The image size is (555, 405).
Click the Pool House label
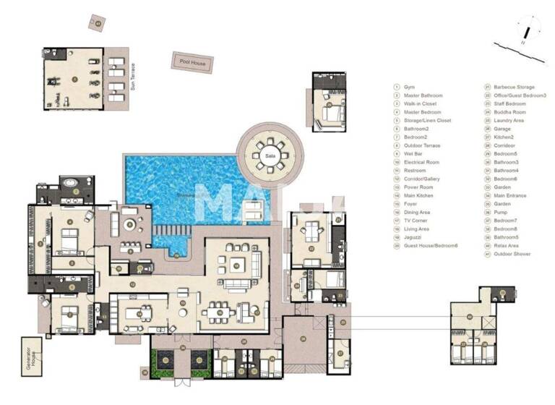click(x=192, y=62)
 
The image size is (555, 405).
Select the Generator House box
click(x=33, y=354)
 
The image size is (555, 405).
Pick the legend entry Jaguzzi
click(x=415, y=237)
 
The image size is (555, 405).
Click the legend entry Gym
click(x=409, y=87)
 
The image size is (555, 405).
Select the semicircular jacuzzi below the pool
click(x=176, y=252)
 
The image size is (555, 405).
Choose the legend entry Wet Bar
click(x=414, y=154)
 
